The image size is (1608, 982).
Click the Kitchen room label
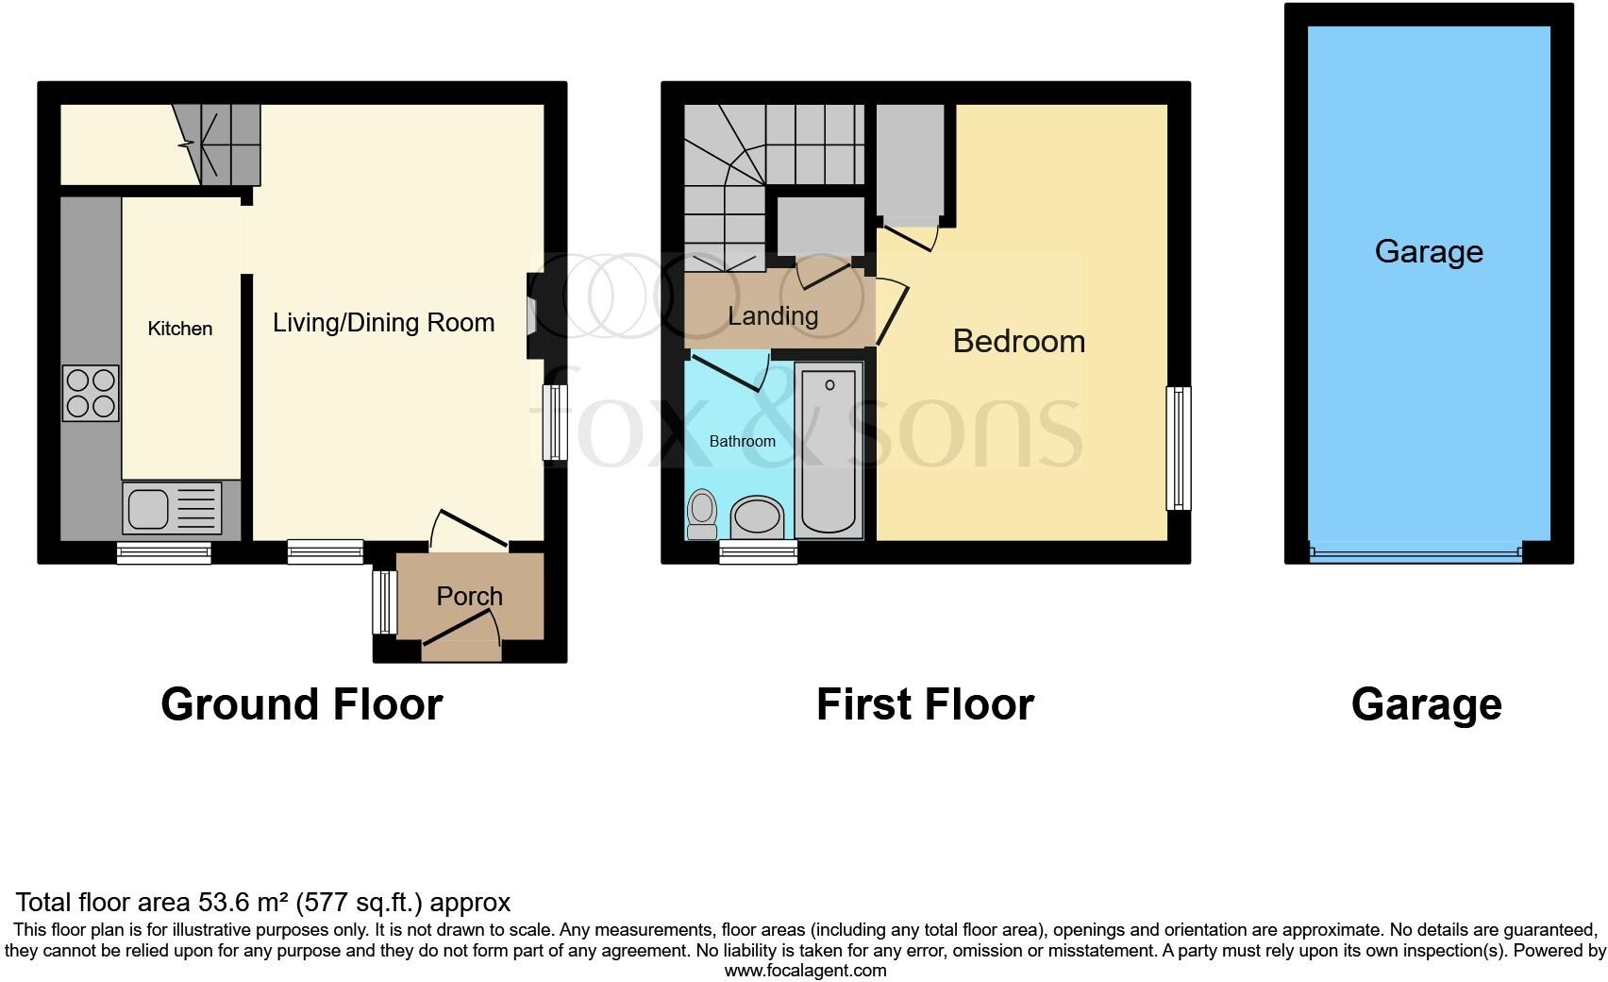179,329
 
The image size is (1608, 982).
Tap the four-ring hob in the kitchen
91,393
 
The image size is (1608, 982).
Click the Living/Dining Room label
383,323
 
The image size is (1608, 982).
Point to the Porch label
469,596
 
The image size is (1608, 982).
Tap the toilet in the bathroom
702,513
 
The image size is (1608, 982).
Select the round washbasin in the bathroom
757,517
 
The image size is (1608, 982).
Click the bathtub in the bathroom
829,449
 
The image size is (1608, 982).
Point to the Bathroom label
742,441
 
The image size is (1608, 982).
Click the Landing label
772,315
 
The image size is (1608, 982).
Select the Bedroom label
1018,341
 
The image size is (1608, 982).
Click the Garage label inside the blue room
1428,251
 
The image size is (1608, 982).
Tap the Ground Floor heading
301,704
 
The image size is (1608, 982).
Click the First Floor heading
924,704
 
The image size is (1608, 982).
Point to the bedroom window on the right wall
1178,448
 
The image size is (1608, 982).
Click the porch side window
383,601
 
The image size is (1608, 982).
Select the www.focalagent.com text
805,970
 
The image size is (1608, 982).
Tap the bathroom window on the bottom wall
758,552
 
